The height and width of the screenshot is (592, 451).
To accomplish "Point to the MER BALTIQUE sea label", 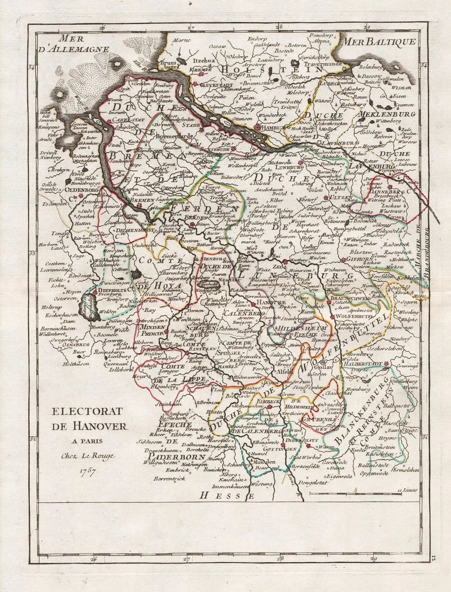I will click(378, 41).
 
